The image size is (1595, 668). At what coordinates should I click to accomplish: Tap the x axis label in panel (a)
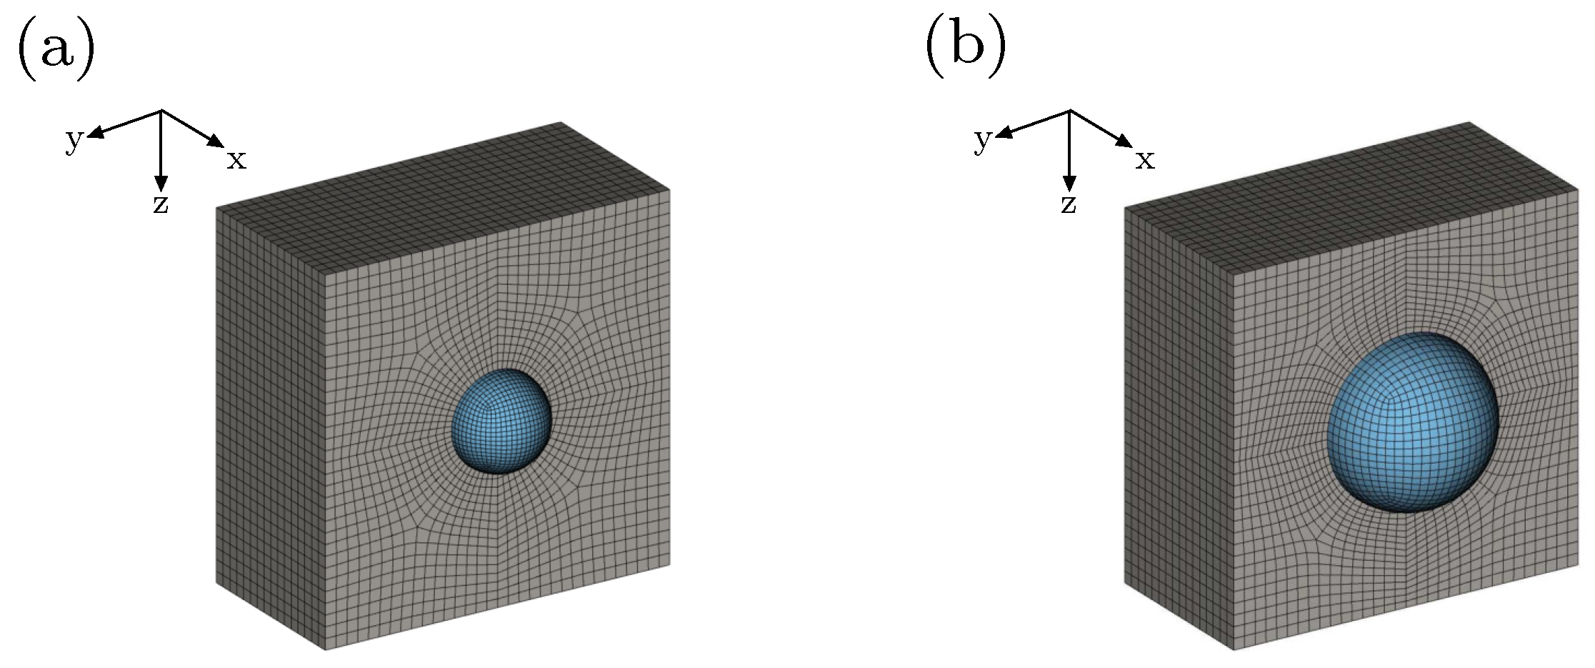[236, 161]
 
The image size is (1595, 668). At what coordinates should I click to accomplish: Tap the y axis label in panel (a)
[74, 141]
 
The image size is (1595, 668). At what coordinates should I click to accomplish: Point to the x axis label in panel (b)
[1145, 161]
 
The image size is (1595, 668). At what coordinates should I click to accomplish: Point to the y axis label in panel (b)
[983, 141]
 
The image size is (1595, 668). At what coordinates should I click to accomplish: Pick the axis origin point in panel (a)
[161, 111]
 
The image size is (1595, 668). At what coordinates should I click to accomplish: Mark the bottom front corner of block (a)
[326, 649]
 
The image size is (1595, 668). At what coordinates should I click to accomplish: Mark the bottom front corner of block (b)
[1234, 649]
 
